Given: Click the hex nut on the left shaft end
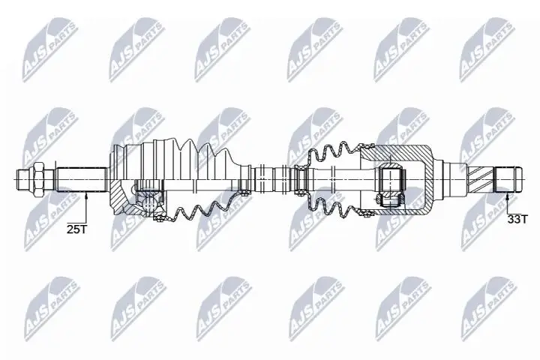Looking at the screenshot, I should pos(40,179).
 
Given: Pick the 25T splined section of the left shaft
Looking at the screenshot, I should pos(81,179).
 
